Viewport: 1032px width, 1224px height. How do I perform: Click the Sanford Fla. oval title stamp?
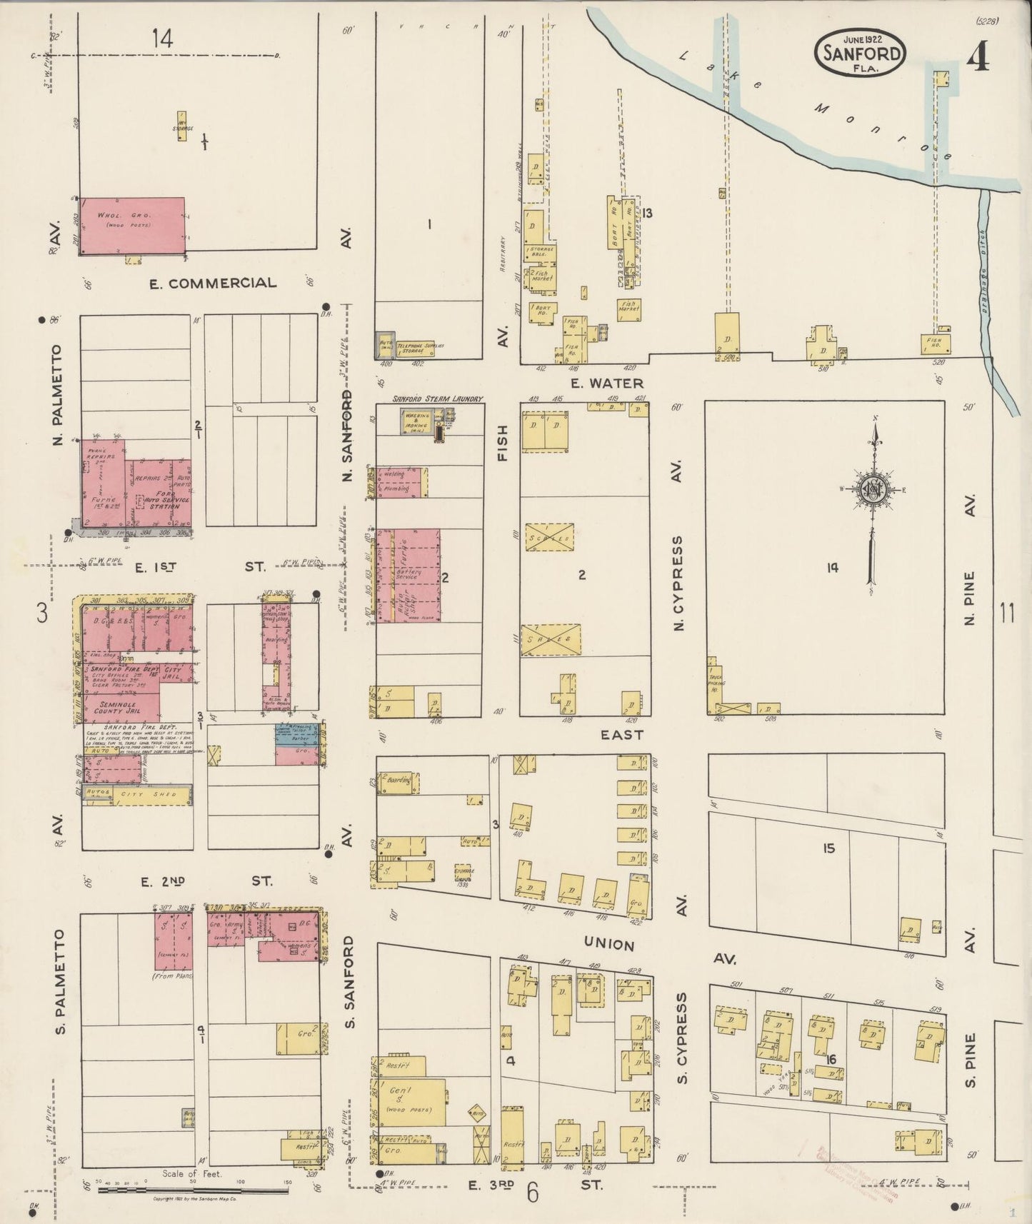click(x=861, y=52)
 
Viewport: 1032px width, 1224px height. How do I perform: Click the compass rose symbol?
click(x=873, y=490)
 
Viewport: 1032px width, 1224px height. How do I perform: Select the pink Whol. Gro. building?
click(x=131, y=225)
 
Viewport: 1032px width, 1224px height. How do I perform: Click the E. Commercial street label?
click(x=213, y=283)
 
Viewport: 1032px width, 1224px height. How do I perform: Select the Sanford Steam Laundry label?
click(x=437, y=398)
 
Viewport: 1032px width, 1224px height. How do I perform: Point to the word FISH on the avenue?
click(x=502, y=443)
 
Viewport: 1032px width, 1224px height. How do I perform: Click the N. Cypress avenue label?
click(x=678, y=582)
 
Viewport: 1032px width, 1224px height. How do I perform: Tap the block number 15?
click(x=828, y=848)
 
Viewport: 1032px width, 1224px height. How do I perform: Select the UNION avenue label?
click(x=608, y=945)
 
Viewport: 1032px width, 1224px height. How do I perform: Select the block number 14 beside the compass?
click(x=832, y=568)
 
